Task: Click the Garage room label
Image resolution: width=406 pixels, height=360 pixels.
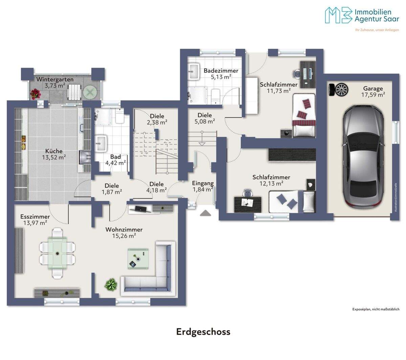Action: click(373, 88)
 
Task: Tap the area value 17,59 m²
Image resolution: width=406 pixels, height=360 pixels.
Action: click(373, 95)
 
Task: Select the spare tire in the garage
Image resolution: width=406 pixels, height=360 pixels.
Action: click(338, 90)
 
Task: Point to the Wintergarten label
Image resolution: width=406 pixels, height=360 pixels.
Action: click(55, 80)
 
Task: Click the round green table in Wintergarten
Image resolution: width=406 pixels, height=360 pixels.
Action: click(91, 92)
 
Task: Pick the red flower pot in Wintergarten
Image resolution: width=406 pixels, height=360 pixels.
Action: click(35, 94)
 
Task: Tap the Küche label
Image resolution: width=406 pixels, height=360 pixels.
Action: click(54, 151)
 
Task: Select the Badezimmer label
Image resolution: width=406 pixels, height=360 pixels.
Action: click(221, 71)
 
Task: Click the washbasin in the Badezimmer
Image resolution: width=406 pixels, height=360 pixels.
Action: click(194, 71)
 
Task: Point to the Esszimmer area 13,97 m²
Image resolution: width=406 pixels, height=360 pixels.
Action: click(35, 223)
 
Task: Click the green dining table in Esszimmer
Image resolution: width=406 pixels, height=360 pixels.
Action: click(58, 253)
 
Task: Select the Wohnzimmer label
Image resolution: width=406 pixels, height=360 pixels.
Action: click(124, 229)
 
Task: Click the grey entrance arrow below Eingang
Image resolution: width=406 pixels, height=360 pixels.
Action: click(205, 213)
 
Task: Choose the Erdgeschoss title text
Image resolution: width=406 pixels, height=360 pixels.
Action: click(203, 332)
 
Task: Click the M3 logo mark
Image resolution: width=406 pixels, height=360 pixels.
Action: click(338, 15)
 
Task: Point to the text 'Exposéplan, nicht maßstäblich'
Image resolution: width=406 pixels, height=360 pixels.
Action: click(376, 309)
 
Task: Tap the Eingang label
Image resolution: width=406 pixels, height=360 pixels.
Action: click(203, 183)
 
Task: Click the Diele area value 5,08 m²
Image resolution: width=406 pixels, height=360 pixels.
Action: click(205, 121)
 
